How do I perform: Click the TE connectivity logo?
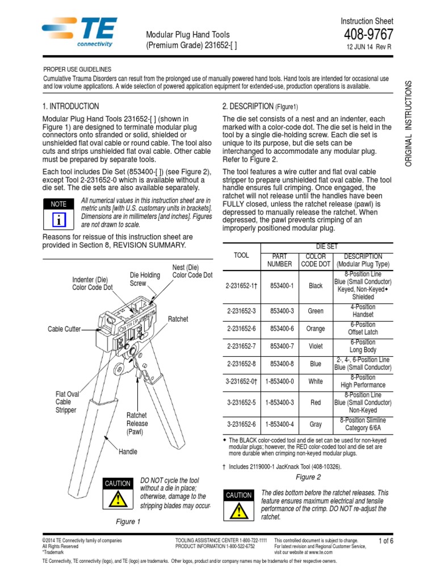[80, 32]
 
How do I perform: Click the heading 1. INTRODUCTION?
[71, 106]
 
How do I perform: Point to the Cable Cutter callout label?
[64, 329]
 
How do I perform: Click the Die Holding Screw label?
[145, 279]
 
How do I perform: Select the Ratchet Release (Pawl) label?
[137, 423]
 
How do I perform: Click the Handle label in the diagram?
[128, 452]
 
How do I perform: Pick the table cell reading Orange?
[316, 329]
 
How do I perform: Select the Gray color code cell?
[316, 423]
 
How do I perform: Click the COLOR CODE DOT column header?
[316, 260]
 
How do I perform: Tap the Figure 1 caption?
[125, 521]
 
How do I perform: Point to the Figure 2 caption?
[308, 477]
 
